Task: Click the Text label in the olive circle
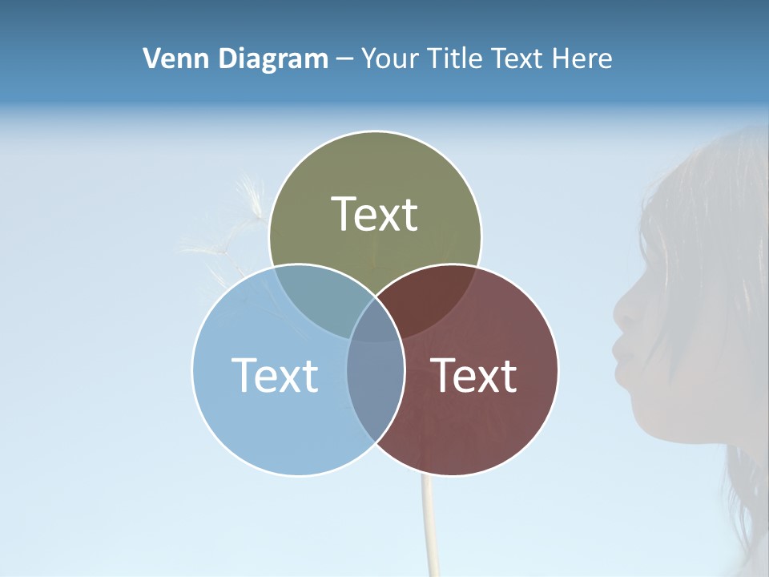click(375, 214)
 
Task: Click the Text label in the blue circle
click(275, 375)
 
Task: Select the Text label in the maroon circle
click(474, 375)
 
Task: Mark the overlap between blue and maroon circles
click(375, 377)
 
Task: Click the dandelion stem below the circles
click(429, 521)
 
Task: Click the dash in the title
click(344, 59)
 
